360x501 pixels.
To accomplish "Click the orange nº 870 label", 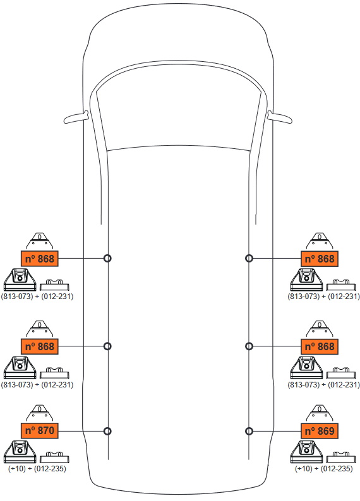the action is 40,430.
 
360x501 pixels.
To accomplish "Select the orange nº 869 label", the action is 320,431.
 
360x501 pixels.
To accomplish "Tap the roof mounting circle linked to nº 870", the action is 108,431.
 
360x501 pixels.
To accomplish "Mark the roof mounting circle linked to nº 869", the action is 249,431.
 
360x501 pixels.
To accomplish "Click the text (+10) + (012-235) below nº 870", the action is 37,468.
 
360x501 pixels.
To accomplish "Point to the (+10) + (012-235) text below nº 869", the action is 323,468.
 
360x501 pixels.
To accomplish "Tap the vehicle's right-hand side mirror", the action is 280,117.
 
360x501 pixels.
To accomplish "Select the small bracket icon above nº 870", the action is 39,413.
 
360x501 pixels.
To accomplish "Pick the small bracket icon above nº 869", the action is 320,413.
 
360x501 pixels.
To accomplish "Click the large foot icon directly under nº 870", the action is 20,452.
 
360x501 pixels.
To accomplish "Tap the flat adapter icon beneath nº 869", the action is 341,457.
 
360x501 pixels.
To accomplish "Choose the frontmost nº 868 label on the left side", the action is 40,259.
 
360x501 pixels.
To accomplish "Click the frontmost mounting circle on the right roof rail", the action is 249,258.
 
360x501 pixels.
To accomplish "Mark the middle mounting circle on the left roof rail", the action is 108,346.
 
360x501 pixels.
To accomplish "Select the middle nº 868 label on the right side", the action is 320,346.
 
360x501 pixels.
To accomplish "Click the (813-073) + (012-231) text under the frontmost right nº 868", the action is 323,296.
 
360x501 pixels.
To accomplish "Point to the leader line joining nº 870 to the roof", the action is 81,431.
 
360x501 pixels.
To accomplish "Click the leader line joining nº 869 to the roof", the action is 277,431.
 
